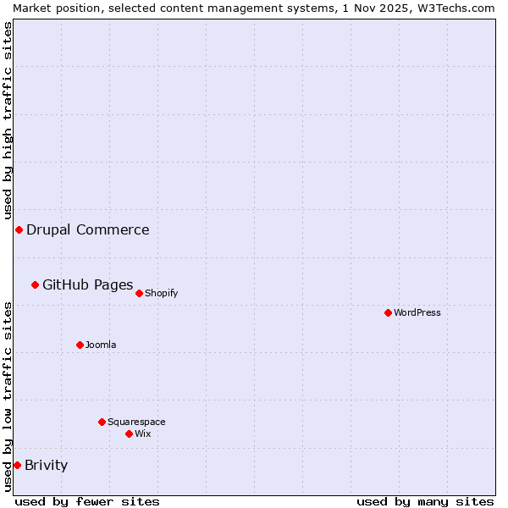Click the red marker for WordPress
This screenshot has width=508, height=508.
(388, 312)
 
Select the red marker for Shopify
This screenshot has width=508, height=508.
(139, 293)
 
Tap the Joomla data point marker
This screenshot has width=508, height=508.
(80, 345)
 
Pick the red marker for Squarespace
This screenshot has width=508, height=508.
(102, 422)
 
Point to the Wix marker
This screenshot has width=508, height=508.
(129, 433)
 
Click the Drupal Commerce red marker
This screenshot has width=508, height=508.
(19, 229)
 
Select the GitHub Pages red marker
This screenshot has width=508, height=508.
(35, 284)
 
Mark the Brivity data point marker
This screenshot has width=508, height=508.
(17, 465)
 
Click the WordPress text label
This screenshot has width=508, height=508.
(417, 312)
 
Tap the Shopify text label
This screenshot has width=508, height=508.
(161, 293)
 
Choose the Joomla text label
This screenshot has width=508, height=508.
(101, 345)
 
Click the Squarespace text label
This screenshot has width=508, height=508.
(136, 422)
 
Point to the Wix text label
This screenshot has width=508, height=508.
(143, 433)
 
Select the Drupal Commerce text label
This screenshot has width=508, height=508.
(87, 229)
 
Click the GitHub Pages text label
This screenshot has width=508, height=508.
(87, 284)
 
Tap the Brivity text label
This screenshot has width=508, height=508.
(46, 465)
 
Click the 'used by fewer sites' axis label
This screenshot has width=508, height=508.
(87, 501)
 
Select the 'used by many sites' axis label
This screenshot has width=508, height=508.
(425, 501)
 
